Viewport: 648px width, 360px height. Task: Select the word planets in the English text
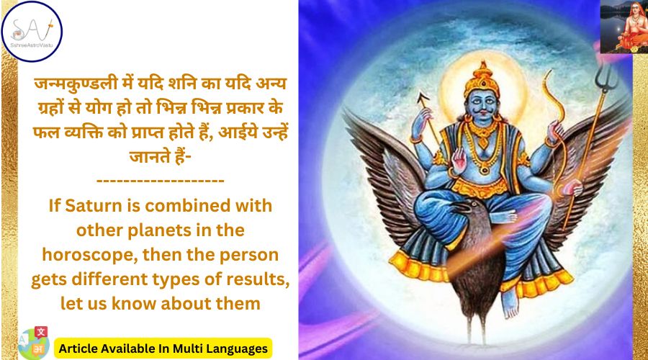tap(163, 230)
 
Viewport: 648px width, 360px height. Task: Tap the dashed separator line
tap(160, 179)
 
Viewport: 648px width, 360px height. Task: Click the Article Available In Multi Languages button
tap(163, 348)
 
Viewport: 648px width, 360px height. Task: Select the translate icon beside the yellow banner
tap(31, 344)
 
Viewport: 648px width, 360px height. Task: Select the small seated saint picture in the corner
tap(622, 27)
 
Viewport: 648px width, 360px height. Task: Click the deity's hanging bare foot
tap(510, 305)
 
